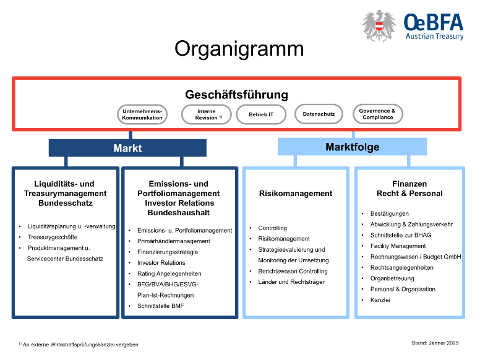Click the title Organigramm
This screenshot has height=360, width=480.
coord(239,49)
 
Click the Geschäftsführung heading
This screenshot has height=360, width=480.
coord(236,95)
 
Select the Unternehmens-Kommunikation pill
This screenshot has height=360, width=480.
coord(142,114)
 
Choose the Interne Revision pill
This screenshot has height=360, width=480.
coord(206,114)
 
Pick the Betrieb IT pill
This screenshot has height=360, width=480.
coord(261,114)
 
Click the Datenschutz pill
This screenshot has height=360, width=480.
coord(319,114)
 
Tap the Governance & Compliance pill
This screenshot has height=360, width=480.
coord(377,114)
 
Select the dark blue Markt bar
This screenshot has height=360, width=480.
coord(127,148)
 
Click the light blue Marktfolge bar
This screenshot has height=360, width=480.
coord(352,147)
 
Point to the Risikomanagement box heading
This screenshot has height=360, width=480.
coord(296,194)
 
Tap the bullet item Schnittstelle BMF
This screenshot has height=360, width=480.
coord(161,306)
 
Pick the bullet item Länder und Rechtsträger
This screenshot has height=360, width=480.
coord(291,282)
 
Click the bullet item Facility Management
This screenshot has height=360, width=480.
coord(398,246)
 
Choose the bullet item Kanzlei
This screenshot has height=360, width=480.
coord(380,300)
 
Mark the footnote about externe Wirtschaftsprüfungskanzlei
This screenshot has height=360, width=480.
coord(79,345)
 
